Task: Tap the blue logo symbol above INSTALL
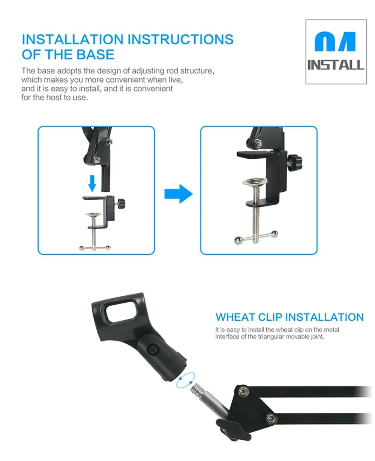point(334,41)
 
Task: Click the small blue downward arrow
point(92,183)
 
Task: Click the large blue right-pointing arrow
point(178,194)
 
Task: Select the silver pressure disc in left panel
point(93,214)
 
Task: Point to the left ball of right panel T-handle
point(238,240)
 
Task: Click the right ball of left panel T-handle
point(108,248)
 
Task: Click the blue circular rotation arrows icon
point(186,380)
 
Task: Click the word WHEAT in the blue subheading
point(235,317)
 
